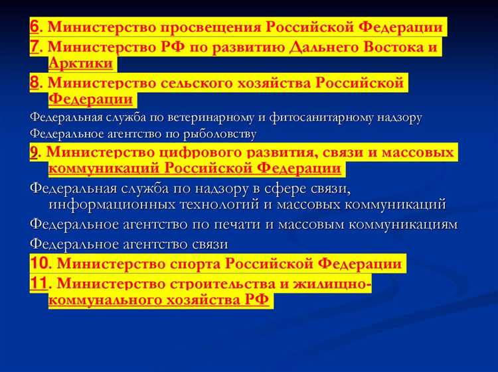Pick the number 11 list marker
[x=39, y=284]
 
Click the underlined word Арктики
[x=81, y=64]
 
